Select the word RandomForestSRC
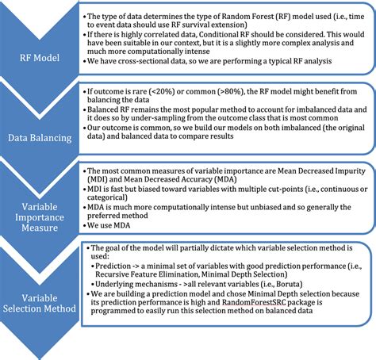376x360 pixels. click(248, 324)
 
